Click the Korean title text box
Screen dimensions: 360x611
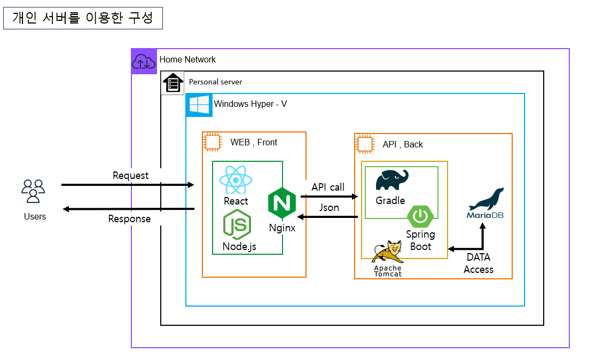(83, 18)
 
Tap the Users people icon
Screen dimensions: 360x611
(33, 191)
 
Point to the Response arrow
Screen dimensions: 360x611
(128, 209)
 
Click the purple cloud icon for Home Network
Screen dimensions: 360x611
(144, 61)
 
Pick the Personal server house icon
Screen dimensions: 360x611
(173, 83)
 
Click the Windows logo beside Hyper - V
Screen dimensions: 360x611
(199, 105)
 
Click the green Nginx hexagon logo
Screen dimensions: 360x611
(282, 202)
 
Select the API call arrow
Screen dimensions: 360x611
(329, 197)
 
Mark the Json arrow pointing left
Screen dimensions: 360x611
(327, 217)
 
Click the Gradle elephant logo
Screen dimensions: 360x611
(391, 180)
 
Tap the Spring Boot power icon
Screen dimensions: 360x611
(421, 216)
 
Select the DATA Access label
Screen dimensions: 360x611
(478, 263)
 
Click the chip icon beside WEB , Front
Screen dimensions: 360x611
(213, 142)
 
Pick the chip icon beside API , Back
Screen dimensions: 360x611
(365, 144)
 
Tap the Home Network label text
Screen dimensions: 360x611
(187, 59)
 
